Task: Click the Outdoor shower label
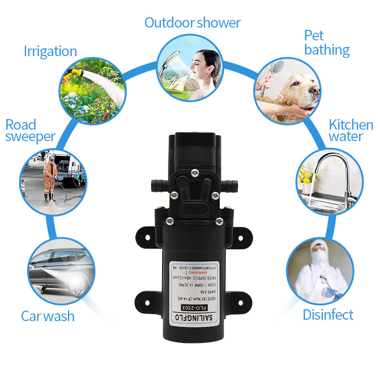(x=192, y=22)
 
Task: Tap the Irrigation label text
(x=50, y=51)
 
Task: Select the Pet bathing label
(x=327, y=43)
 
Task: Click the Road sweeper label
(x=30, y=131)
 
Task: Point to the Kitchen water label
(x=351, y=131)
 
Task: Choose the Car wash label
(x=47, y=316)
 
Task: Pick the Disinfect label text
(x=328, y=314)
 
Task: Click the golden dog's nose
(x=314, y=90)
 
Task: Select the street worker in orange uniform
(x=50, y=176)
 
